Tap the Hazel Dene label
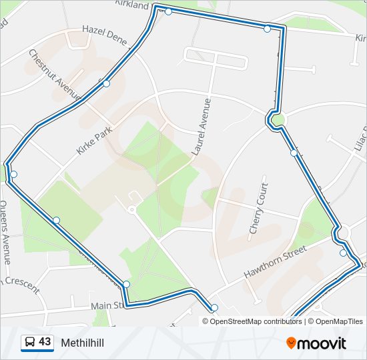click(104, 35)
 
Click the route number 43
click(45, 342)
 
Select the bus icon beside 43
click(29, 343)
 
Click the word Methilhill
click(82, 343)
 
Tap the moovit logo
click(316, 343)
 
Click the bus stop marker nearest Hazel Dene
click(106, 83)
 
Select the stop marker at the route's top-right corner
click(267, 29)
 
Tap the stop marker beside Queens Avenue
click(13, 174)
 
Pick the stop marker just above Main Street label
click(126, 285)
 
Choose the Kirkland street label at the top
click(131, 5)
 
